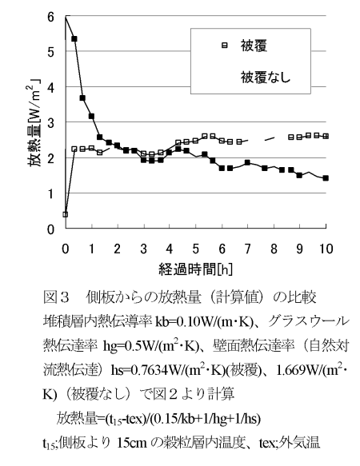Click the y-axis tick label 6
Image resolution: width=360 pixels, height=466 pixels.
pyautogui.click(x=51, y=17)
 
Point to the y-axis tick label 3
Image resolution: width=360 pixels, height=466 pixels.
pyautogui.click(x=51, y=123)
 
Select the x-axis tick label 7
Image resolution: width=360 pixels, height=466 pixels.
pyautogui.click(x=247, y=249)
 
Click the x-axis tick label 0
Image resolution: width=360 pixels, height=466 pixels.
pyautogui.click(x=66, y=249)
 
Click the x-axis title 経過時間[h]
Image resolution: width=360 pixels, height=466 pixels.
pyautogui.click(x=195, y=269)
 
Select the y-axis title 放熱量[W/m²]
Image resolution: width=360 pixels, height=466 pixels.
pyautogui.click(x=34, y=123)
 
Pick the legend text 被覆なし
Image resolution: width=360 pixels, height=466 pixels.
pyautogui.click(x=266, y=78)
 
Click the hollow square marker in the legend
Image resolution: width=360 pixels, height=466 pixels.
pyautogui.click(x=225, y=46)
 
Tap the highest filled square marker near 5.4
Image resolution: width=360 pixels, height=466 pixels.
pyautogui.click(x=74, y=39)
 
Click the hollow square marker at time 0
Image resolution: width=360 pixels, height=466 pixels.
pyautogui.click(x=66, y=214)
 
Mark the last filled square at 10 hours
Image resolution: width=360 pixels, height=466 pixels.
pyautogui.click(x=326, y=178)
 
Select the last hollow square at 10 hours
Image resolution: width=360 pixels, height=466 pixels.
pyautogui.click(x=326, y=136)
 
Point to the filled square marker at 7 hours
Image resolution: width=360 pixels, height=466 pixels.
pyautogui.click(x=247, y=162)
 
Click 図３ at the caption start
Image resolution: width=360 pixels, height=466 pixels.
pyautogui.click(x=56, y=297)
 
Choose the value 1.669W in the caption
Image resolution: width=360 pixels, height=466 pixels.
pyautogui.click(x=301, y=370)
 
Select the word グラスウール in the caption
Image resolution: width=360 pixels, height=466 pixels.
pyautogui.click(x=308, y=321)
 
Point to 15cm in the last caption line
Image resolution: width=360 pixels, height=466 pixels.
pyautogui.click(x=132, y=443)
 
